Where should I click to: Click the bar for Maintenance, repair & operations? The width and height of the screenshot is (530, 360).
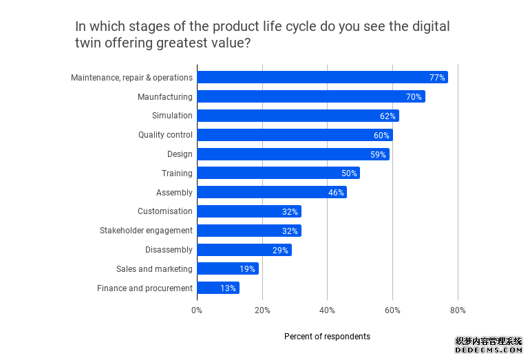[322, 77]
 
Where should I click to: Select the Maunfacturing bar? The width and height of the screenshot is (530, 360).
[311, 96]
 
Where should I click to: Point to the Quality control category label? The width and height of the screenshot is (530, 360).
[165, 135]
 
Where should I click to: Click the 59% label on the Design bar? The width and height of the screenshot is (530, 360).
[378, 154]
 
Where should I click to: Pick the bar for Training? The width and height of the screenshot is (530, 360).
[278, 173]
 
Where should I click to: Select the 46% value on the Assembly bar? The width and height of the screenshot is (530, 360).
[336, 192]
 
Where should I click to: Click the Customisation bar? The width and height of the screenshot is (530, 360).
[249, 211]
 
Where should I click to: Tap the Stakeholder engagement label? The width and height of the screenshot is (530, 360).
[146, 231]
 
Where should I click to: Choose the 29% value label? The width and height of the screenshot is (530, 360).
[280, 250]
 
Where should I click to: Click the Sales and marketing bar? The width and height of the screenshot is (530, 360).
[228, 269]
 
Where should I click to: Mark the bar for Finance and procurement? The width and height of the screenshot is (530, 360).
[218, 288]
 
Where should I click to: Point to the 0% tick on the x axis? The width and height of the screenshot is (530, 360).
[197, 310]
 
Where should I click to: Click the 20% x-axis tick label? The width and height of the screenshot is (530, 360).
[262, 310]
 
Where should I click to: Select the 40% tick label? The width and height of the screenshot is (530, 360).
[327, 310]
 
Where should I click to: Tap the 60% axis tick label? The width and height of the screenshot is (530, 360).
[392, 310]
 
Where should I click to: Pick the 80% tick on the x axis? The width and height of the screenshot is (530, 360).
[458, 310]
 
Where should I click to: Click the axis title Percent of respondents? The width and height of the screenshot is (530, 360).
[327, 337]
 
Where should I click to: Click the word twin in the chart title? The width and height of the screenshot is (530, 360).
[89, 42]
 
